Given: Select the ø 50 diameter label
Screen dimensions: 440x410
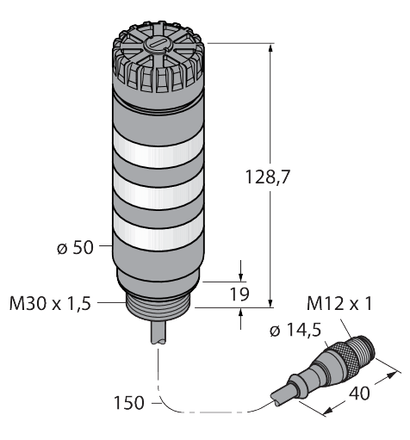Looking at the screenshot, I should tap(75, 250).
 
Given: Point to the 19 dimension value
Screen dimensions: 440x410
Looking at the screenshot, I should tap(242, 295).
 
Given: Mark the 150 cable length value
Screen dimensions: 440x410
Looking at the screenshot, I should tap(129, 401).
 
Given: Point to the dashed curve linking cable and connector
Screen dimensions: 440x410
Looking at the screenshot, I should tap(207, 410).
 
